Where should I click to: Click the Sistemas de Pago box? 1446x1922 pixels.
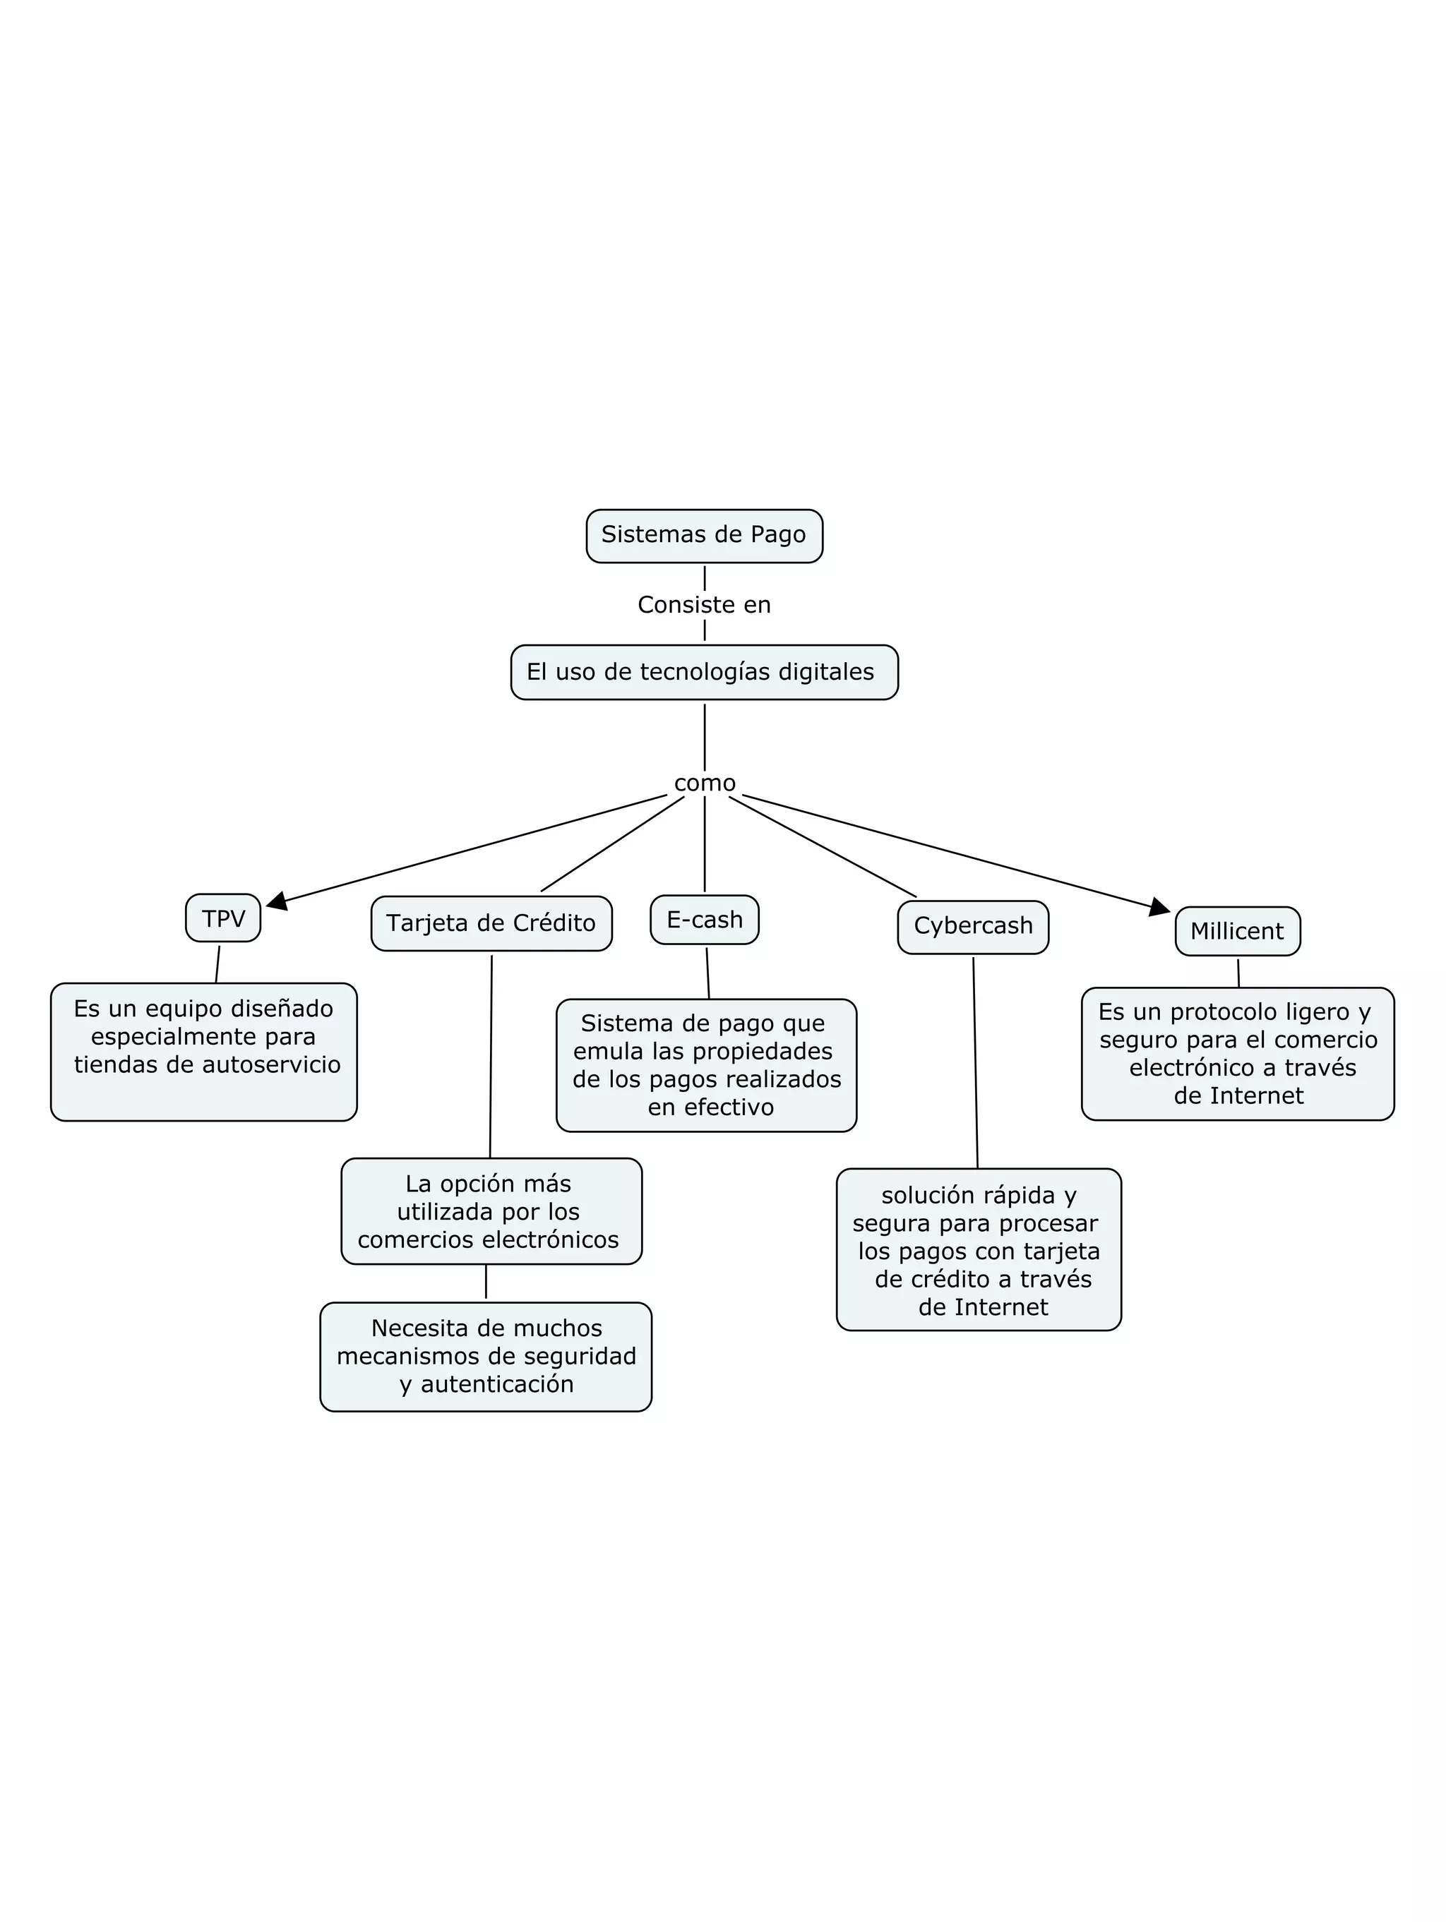tap(704, 535)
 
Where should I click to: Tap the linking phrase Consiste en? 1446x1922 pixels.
tap(704, 605)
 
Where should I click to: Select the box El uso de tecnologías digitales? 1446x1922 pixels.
tap(704, 672)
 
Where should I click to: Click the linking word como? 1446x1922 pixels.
tap(705, 783)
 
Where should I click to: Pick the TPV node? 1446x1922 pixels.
tap(223, 918)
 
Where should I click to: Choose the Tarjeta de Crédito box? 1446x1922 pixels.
tap(491, 923)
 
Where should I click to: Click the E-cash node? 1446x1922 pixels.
tap(705, 919)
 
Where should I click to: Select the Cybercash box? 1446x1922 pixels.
tap(973, 926)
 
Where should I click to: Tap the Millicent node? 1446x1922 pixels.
tap(1238, 932)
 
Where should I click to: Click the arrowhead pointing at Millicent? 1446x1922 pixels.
tap(1159, 908)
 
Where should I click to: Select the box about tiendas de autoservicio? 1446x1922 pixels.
tap(204, 1052)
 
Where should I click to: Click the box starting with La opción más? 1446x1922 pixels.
tap(491, 1211)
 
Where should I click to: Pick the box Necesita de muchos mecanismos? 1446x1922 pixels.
tap(486, 1357)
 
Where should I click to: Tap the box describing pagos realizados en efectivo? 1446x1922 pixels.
tap(707, 1065)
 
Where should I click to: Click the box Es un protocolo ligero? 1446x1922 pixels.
tap(1238, 1054)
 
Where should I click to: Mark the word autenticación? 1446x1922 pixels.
tap(497, 1384)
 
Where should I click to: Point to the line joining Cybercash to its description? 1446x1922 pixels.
tap(975, 1060)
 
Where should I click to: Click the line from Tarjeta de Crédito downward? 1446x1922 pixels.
tap(491, 1056)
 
